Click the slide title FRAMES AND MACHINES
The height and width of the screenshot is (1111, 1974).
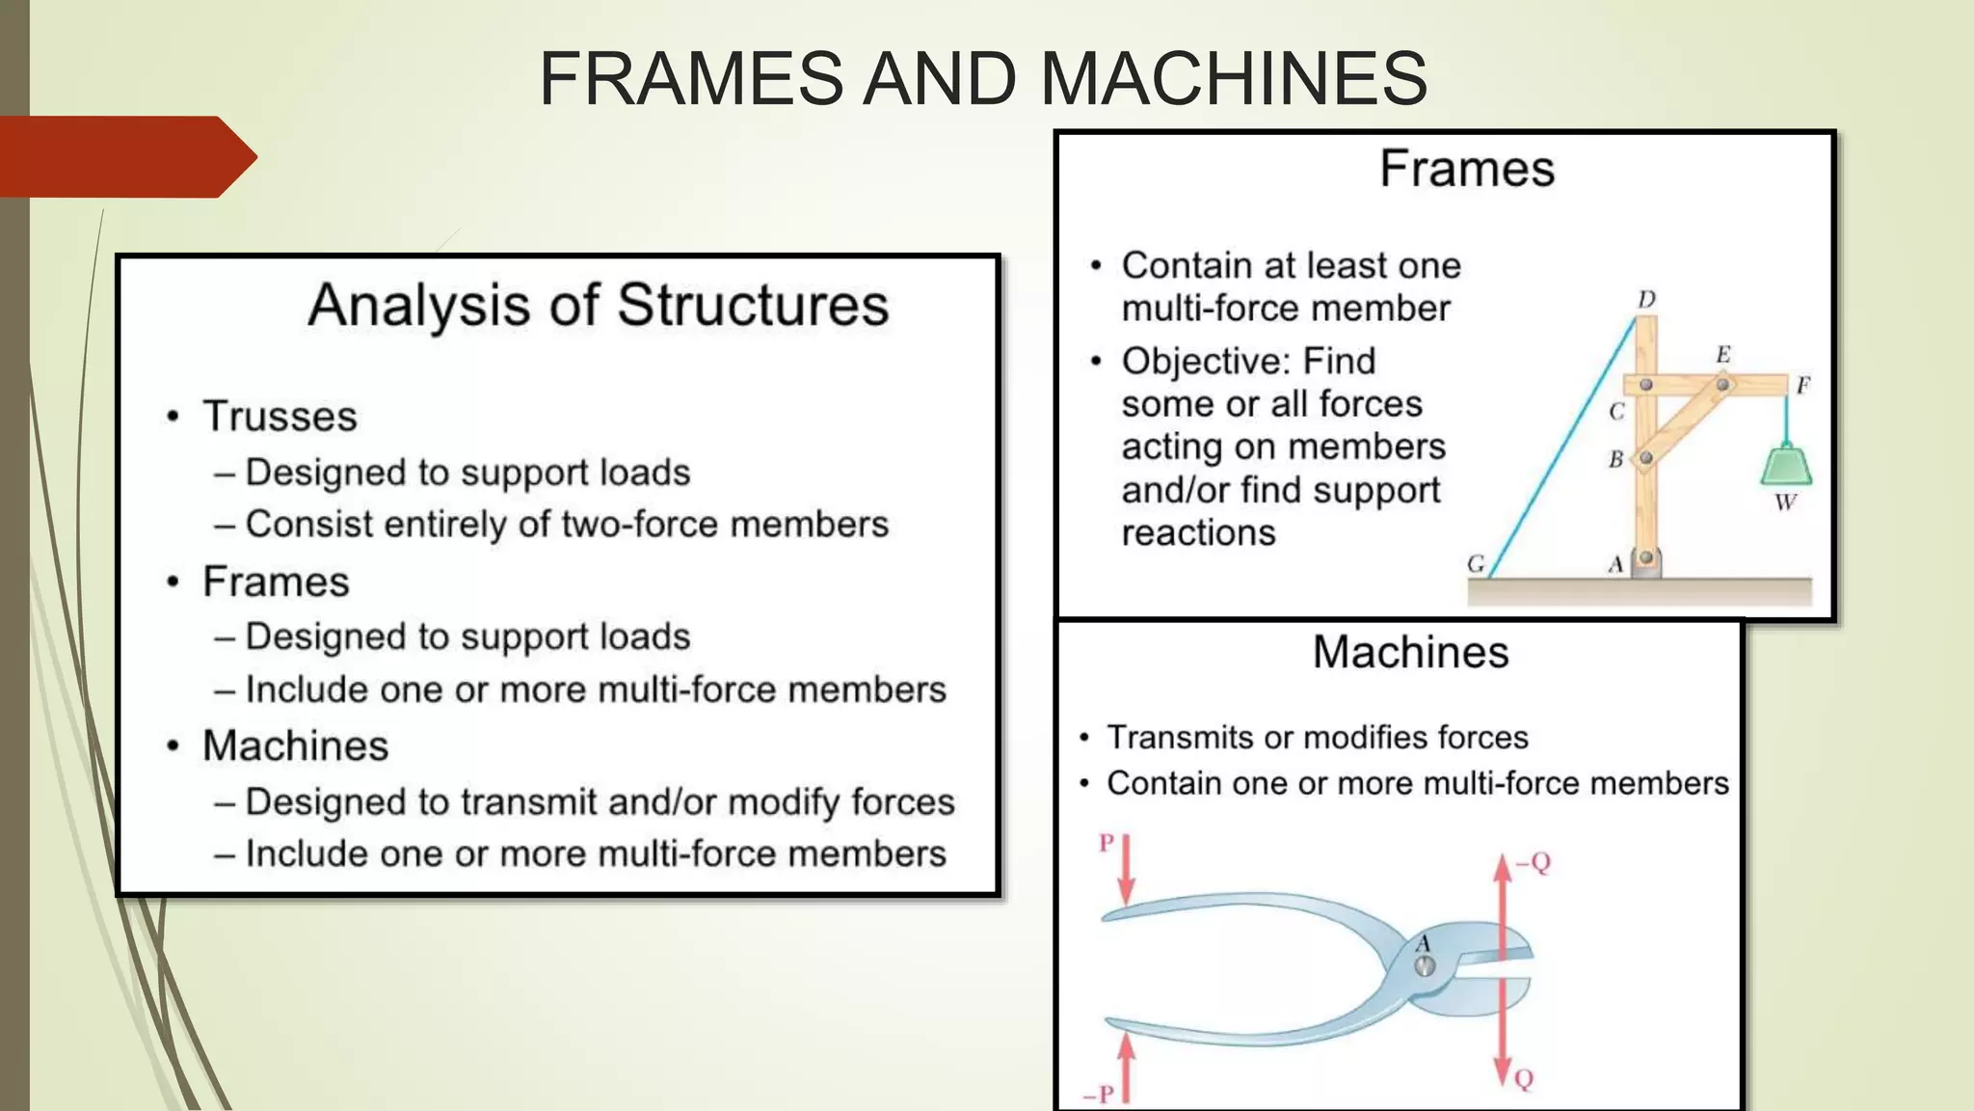982,78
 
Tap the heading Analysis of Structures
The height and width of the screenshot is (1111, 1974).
598,306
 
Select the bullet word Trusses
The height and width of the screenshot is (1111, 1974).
280,417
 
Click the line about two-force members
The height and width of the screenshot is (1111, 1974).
567,525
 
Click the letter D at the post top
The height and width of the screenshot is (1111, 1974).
1646,300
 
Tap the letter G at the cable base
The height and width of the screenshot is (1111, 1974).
1476,563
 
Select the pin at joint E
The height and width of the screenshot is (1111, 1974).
1721,385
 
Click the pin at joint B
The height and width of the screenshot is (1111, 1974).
1646,458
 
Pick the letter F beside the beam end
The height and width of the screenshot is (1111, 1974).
1802,386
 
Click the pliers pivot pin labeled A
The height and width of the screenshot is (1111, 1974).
1425,965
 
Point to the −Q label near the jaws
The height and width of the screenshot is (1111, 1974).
1533,861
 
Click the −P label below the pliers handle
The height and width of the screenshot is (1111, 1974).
1098,1094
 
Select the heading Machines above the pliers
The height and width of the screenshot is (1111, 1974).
1410,653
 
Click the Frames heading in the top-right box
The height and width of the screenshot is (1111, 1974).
1466,169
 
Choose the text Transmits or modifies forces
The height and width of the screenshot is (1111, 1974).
1317,738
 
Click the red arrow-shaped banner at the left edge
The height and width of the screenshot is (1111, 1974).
125,156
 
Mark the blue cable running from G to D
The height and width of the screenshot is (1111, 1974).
1561,448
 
